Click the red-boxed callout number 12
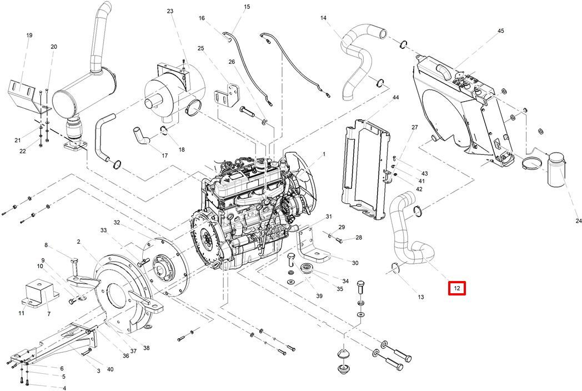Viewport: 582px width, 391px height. pos(457,288)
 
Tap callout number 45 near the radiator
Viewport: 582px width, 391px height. pos(501,31)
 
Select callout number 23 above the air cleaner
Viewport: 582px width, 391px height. pos(170,11)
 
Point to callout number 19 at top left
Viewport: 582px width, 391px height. pos(29,36)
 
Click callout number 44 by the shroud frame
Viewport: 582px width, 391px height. pos(395,97)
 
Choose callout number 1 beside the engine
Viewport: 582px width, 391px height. pos(324,154)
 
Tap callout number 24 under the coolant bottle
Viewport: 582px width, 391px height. pos(578,221)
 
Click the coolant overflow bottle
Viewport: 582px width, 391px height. pos(556,168)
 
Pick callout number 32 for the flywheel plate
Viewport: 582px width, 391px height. pos(117,223)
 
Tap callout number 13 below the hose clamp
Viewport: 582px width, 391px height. pos(420,297)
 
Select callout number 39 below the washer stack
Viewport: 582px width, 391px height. pos(319,296)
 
